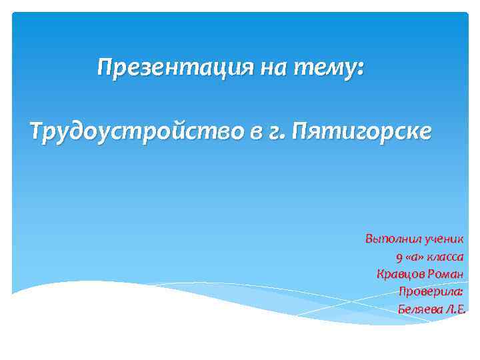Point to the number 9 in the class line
(x=399, y=257)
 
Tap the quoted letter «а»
(x=415, y=257)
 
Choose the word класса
(x=446, y=257)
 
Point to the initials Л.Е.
(x=454, y=309)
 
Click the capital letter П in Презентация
(x=105, y=67)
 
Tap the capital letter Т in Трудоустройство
(x=37, y=131)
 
